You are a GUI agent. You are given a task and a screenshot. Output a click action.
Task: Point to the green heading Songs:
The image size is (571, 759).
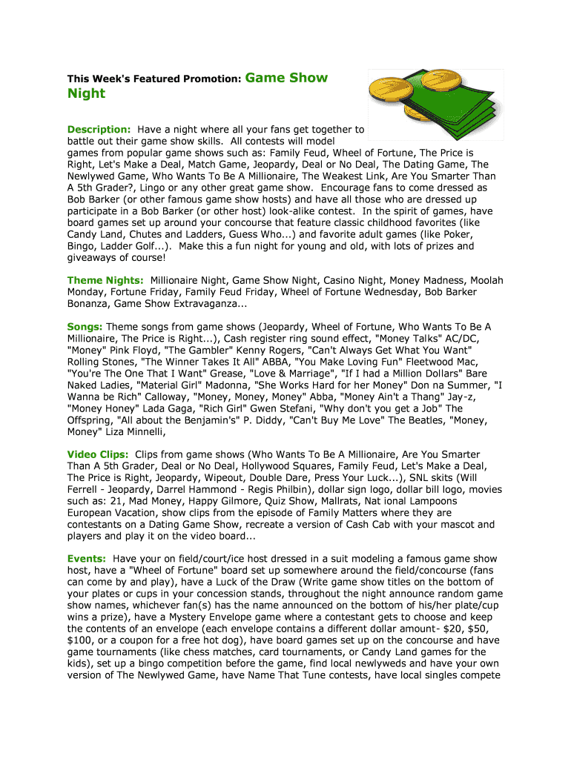pos(85,326)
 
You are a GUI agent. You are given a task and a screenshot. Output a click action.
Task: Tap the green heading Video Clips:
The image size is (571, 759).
pos(98,454)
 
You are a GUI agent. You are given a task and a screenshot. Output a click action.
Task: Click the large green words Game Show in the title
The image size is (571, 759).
pos(285,78)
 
